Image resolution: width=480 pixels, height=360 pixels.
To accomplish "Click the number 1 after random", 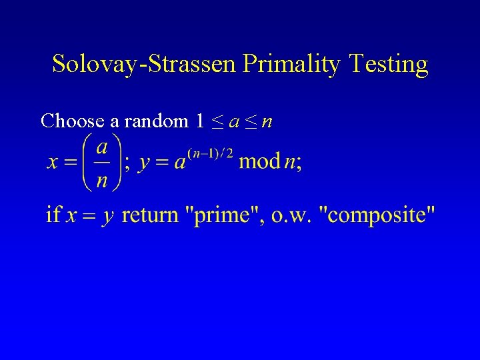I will pyautogui.click(x=200, y=121).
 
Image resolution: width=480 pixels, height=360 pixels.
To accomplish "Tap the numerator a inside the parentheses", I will pyautogui.click(x=102, y=146).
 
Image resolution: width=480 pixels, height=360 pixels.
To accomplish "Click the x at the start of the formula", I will pyautogui.click(x=52, y=163).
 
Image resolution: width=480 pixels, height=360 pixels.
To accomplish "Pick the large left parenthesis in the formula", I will pyautogui.click(x=86, y=162).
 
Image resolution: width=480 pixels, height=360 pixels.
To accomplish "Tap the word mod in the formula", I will pyautogui.click(x=259, y=162).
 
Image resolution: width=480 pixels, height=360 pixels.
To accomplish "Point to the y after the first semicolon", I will pyautogui.click(x=143, y=164).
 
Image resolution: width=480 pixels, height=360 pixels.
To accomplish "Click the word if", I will pyautogui.click(x=54, y=215).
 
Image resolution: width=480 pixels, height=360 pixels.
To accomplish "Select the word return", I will pyautogui.click(x=151, y=215).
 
